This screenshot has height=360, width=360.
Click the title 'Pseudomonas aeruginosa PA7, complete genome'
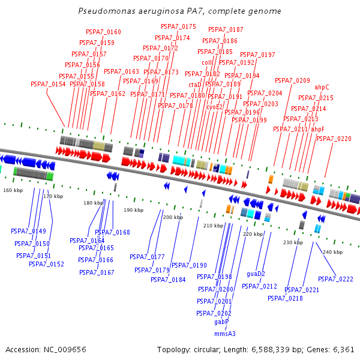point(179,11)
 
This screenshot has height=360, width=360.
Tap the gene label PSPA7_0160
point(103,32)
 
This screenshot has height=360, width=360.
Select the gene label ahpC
point(322,87)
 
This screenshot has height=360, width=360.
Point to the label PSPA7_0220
point(334,139)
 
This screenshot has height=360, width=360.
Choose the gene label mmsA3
point(225,334)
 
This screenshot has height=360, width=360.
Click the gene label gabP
point(222,322)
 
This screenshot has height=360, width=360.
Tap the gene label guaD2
point(256,274)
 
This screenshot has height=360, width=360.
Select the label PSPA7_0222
point(335,279)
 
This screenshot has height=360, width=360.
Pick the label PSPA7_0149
point(28,231)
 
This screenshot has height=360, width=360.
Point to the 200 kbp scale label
point(173,217)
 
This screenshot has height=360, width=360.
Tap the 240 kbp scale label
point(332,252)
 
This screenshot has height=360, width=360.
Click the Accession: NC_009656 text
point(46,349)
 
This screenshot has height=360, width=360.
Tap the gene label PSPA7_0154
point(48,84)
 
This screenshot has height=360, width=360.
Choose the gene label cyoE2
point(215,107)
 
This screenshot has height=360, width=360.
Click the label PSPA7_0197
point(257,55)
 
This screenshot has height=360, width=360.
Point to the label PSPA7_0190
point(189,265)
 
